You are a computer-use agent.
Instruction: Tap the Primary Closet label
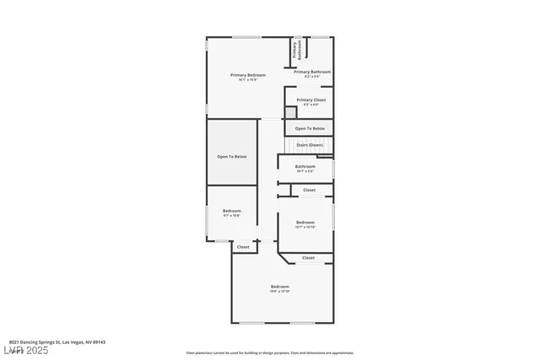coord(310,100)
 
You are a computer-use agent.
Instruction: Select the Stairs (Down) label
coord(310,145)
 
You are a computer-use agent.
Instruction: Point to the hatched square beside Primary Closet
coord(290,111)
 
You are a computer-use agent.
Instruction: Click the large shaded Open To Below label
coord(232,157)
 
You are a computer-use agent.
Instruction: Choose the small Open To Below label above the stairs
coord(310,128)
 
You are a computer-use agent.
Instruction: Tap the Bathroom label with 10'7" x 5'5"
coord(305,167)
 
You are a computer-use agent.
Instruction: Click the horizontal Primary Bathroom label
coord(312,72)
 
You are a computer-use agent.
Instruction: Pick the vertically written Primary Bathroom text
coord(295,50)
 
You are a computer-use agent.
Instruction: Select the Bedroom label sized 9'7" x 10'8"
coord(232,211)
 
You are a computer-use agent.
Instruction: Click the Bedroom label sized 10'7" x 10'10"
coord(305,223)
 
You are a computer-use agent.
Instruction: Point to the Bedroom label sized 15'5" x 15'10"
coord(280,287)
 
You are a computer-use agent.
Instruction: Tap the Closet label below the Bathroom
coord(310,191)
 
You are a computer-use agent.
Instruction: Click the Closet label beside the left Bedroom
coord(243,247)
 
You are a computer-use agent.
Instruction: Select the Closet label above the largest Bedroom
coord(308,258)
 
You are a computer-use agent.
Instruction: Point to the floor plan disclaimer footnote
coord(270,352)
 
